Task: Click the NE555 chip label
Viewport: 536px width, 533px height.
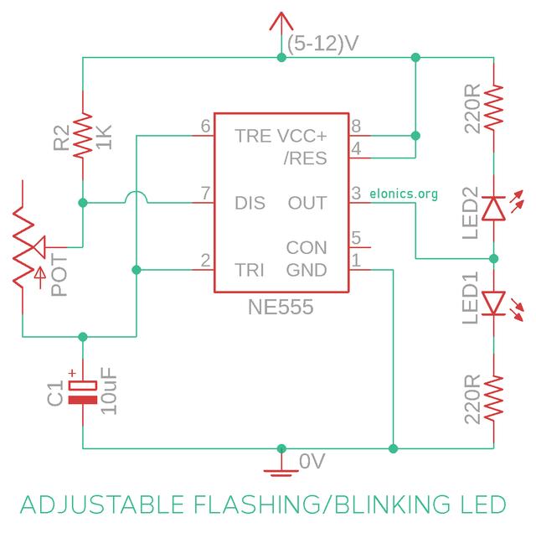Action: (280, 308)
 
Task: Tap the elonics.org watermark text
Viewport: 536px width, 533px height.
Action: (404, 194)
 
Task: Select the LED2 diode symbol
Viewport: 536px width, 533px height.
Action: (494, 206)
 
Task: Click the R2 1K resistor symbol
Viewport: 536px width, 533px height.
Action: (82, 136)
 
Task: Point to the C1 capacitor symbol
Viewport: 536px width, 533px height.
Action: (82, 391)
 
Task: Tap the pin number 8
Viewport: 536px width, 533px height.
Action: (357, 126)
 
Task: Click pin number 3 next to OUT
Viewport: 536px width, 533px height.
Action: (357, 194)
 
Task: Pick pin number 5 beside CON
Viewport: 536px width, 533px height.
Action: (357, 238)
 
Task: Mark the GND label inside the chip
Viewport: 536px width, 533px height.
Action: (307, 270)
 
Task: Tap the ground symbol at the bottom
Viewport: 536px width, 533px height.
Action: (280, 466)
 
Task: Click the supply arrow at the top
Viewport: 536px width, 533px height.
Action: (279, 25)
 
